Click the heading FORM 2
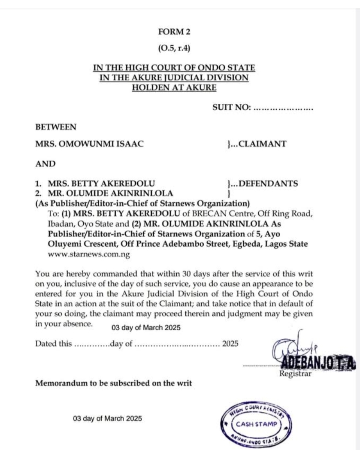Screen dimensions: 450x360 [x=174, y=31]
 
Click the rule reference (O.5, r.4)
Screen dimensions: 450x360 [x=174, y=48]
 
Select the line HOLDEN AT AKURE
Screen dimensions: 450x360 [x=174, y=88]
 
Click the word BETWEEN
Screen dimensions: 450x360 [x=56, y=127]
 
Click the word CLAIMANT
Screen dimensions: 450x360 [x=262, y=144]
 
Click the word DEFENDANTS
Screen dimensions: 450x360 [x=268, y=184]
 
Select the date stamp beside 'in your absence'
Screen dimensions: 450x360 [x=146, y=328]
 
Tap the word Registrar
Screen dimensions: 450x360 [x=296, y=374]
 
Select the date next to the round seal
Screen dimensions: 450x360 [x=107, y=418]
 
